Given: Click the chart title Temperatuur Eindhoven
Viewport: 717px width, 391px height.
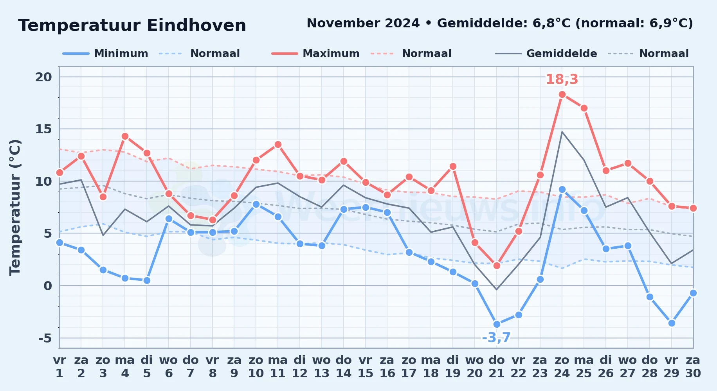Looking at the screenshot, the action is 132,25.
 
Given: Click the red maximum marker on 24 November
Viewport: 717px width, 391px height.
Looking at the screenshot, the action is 562,94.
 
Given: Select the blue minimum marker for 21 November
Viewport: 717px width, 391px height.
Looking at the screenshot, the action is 497,324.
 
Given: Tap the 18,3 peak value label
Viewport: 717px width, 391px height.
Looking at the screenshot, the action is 562,79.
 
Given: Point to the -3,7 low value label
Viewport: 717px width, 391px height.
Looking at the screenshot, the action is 496,337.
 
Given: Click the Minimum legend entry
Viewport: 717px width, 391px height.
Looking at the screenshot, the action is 105,54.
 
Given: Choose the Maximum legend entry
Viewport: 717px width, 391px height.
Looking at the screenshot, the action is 315,54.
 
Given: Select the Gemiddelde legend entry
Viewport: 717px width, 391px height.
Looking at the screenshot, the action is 546,54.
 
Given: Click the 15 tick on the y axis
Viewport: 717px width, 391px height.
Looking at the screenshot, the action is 43,129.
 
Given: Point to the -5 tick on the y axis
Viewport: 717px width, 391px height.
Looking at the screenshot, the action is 45,338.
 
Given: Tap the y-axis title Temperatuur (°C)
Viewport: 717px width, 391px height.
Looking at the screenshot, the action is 15,207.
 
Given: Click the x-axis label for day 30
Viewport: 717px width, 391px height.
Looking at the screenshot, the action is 693,367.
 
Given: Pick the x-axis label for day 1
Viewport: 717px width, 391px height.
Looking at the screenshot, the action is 59,367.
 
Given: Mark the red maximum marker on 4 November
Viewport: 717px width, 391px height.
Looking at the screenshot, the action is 125,136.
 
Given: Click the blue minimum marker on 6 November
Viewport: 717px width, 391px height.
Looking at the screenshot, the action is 169,219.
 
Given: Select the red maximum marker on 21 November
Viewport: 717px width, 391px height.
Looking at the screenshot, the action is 497,265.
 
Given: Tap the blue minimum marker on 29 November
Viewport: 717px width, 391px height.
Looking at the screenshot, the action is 672,323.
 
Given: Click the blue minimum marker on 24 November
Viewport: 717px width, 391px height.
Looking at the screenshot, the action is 562,189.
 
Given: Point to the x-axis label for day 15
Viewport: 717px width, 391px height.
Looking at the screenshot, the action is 366,367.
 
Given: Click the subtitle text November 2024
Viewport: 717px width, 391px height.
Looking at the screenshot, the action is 363,23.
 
